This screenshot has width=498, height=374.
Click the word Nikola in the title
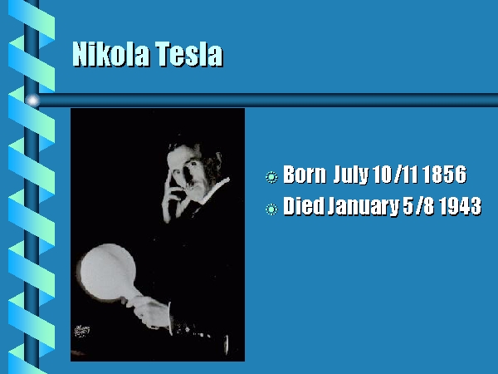[110, 53]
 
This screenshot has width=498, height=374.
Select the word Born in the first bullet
[305, 175]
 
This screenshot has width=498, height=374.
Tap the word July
[351, 175]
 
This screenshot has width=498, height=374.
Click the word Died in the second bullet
[304, 206]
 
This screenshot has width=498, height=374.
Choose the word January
[364, 207]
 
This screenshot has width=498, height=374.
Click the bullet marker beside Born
[271, 177]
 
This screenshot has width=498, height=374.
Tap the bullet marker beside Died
[271, 209]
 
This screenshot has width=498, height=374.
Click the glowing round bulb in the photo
[108, 272]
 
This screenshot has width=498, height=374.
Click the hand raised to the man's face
[173, 197]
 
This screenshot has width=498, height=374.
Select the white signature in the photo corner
[81, 331]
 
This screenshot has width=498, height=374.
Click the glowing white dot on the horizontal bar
[32, 101]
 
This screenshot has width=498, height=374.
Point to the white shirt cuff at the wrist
[171, 319]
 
